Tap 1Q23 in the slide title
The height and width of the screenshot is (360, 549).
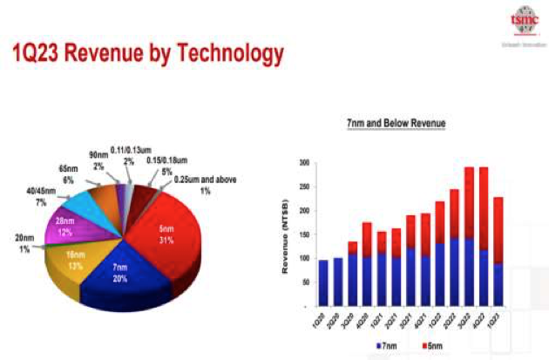pyautogui.click(x=42, y=54)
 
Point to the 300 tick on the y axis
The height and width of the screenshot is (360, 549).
pyautogui.click(x=305, y=163)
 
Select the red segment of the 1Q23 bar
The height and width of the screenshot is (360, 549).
pyautogui.click(x=498, y=230)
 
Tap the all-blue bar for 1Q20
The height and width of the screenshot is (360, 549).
pyautogui.click(x=323, y=282)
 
